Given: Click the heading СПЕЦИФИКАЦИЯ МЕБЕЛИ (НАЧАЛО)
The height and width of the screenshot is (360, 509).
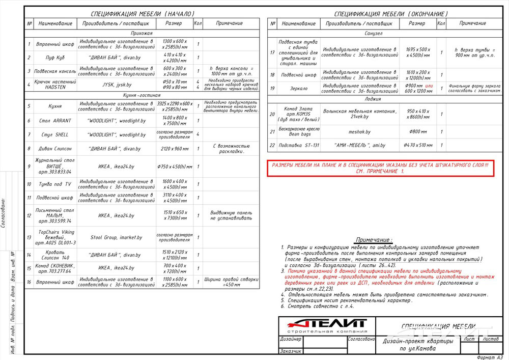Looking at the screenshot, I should [x=142, y=13].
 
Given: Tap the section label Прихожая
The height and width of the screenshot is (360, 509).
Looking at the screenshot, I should [x=142, y=33].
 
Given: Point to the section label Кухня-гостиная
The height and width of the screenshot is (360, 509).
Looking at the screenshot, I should [x=142, y=95].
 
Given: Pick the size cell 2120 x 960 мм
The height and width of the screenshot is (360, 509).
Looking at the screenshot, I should [x=174, y=149].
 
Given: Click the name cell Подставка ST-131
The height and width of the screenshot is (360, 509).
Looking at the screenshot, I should [x=298, y=145].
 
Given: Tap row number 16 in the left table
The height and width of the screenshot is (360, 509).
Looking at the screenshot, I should [x=30, y=282].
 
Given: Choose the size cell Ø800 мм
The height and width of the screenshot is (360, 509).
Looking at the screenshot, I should [x=417, y=131].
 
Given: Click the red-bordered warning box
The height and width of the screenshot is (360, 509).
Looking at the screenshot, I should [x=380, y=169].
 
